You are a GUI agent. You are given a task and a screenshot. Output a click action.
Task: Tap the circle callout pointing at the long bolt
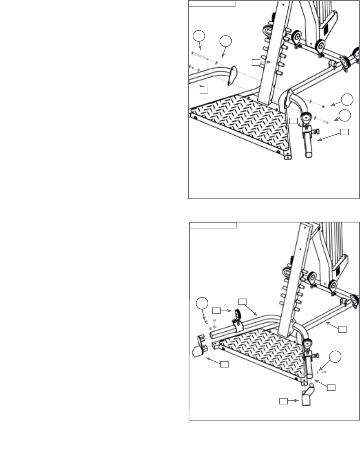click(199, 36)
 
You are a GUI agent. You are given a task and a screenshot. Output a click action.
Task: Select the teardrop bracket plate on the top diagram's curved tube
click(232, 76)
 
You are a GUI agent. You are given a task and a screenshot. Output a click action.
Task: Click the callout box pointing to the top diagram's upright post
click(255, 62)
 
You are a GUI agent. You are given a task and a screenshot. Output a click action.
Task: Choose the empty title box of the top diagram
click(213, 3)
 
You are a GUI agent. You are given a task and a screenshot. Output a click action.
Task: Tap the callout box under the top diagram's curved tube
click(204, 90)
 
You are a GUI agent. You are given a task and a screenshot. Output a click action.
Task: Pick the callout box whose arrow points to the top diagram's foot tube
click(344, 131)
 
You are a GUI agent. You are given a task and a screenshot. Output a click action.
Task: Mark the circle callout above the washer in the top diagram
click(226, 41)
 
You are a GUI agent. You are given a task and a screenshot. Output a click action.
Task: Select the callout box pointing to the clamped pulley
click(217, 311)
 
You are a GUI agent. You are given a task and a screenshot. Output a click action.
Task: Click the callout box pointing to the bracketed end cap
click(224, 364)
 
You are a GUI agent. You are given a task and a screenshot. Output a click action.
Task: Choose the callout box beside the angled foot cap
click(283, 401)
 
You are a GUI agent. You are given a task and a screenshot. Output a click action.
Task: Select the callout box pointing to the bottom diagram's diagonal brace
click(342, 330)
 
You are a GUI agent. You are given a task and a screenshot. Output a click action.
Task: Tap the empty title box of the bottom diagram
click(213, 225)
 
